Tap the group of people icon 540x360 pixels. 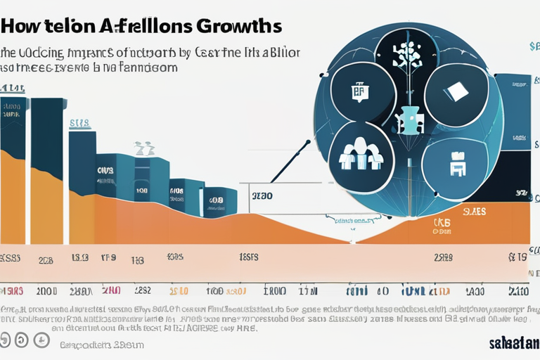point(360,153)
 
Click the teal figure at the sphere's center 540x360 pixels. point(407,119)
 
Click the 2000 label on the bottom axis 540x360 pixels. point(46,291)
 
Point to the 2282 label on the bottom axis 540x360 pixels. point(142,291)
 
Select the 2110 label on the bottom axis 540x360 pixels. point(518,291)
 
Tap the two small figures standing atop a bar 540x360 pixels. point(144,148)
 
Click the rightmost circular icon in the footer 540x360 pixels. point(41,340)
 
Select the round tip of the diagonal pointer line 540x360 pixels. point(307,144)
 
